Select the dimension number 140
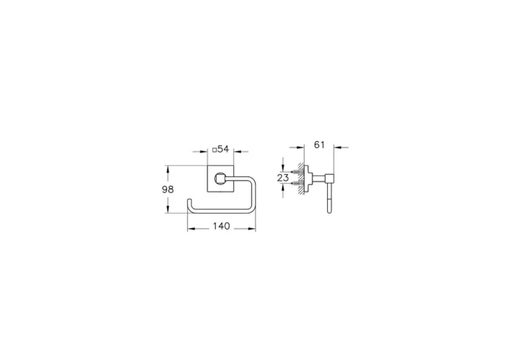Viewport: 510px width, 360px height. coord(221,227)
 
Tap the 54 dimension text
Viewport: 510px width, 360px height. coord(224,149)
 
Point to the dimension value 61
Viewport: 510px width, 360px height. coord(319,145)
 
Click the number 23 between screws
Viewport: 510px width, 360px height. coord(283,177)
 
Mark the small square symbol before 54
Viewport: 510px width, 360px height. coord(213,149)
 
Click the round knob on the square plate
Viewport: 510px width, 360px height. coord(220,178)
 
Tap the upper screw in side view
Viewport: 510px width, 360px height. coord(294,172)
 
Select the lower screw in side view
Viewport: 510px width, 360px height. coord(294,184)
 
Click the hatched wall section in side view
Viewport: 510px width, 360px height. coord(301,178)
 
